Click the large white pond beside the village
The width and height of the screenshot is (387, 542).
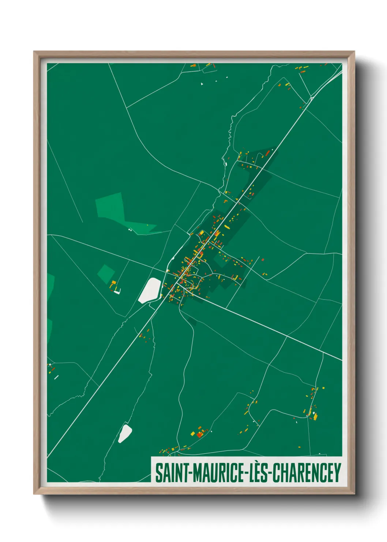[150, 290]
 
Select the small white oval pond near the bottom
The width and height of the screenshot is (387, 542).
[125, 433]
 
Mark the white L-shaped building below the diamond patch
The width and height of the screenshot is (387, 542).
[117, 292]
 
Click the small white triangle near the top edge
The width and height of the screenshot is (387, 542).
[202, 84]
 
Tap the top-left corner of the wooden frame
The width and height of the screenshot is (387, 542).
[34, 52]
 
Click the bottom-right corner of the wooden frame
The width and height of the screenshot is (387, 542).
[354, 494]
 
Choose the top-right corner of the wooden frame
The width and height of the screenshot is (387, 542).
[354, 52]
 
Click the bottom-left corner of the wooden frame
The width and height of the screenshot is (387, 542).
[34, 494]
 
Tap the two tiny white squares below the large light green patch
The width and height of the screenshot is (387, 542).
[130, 230]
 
